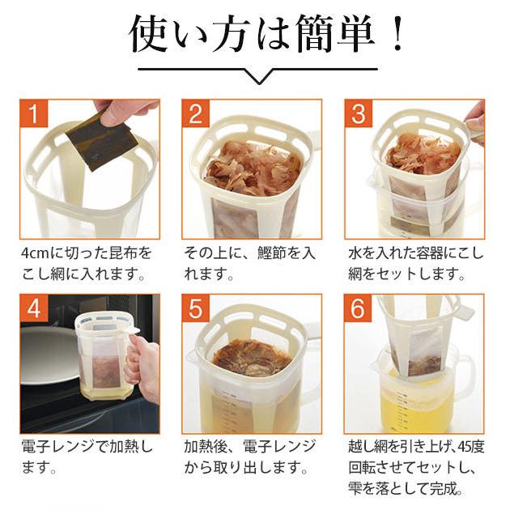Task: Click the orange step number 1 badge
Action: point(33,113)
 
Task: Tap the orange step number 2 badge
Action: point(195,113)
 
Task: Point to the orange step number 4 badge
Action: point(33,308)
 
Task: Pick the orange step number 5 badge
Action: point(195,308)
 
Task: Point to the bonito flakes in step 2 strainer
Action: point(243,170)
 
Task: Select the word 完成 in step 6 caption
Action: point(445,489)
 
